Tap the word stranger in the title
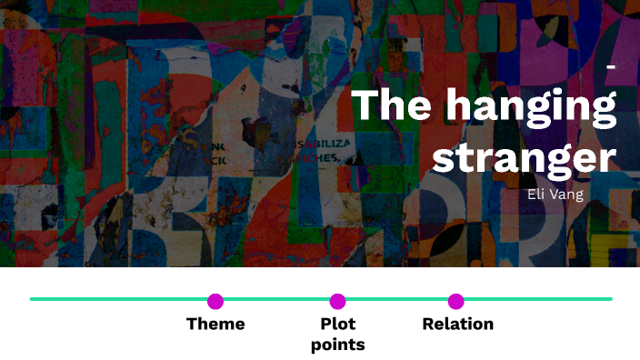click(525, 156)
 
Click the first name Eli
click(537, 194)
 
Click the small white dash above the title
click(610, 69)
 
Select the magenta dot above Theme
click(215, 301)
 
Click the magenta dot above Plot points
click(337, 301)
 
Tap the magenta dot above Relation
click(456, 301)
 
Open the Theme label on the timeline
click(215, 324)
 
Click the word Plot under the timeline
click(337, 324)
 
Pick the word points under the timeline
click(337, 345)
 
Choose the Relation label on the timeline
click(457, 324)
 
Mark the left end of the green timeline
click(33, 298)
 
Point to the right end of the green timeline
click(609, 298)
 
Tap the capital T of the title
click(365, 105)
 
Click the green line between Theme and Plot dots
click(276, 298)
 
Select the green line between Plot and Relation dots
click(397, 298)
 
